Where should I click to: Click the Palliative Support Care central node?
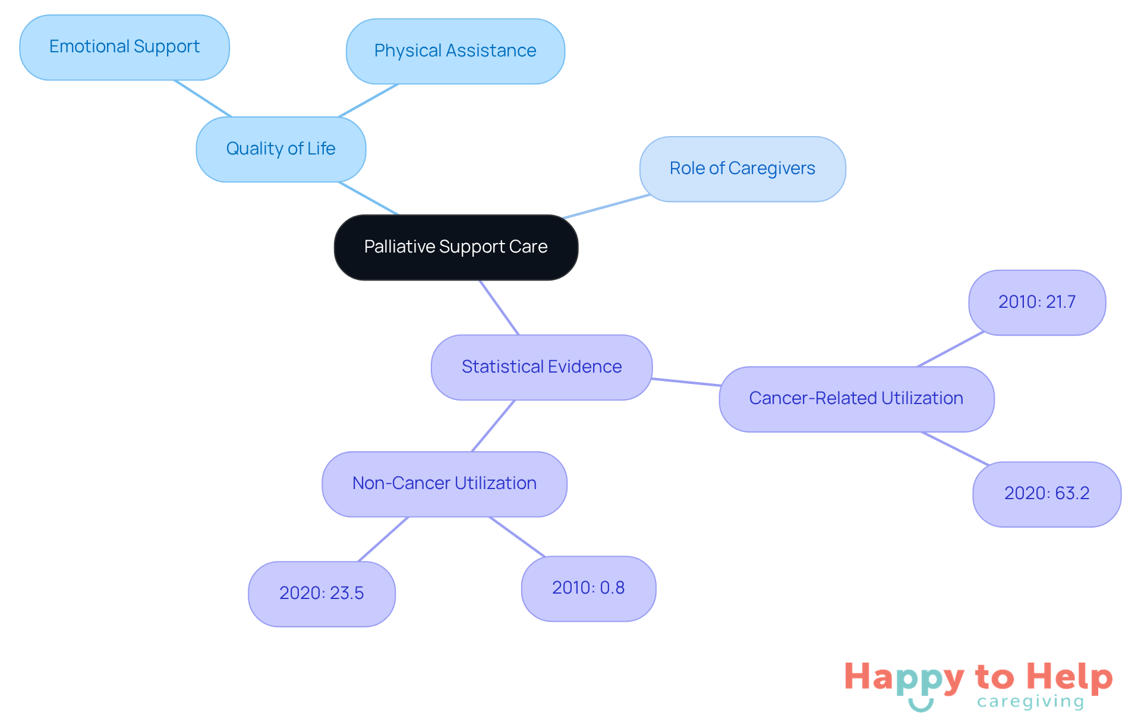tap(456, 247)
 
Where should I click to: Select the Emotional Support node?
tap(124, 47)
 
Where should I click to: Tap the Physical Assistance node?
tap(455, 51)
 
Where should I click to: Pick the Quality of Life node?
tap(280, 149)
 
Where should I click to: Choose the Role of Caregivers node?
tap(742, 169)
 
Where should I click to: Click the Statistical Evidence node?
tap(541, 367)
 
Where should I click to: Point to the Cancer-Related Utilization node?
tap(856, 399)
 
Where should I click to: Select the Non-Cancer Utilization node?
tap(444, 484)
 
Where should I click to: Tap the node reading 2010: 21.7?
tap(1036, 302)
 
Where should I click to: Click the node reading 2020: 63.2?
tap(1047, 494)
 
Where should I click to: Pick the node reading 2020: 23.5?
tap(322, 594)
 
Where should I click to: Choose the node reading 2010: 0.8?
tap(588, 588)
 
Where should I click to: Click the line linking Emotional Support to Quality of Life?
tap(202, 98)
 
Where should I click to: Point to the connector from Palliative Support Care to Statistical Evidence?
tap(499, 307)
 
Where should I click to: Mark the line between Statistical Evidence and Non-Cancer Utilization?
tap(493, 425)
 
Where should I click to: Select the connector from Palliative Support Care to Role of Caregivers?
tap(606, 206)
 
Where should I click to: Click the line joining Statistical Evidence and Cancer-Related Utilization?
tap(686, 382)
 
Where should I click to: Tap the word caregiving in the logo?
tap(1030, 702)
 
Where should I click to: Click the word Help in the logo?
tap(1069, 677)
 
